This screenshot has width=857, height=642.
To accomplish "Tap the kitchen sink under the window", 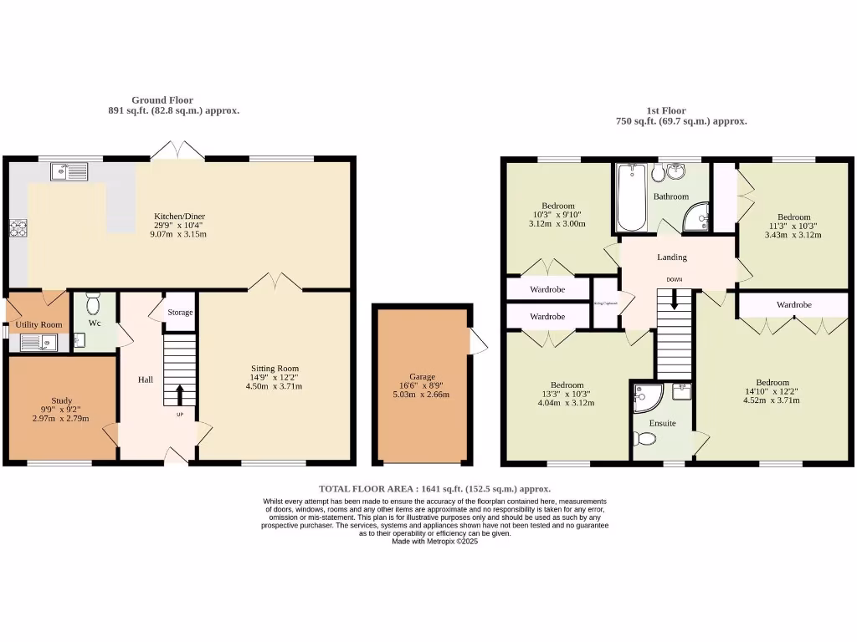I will (x=69, y=172).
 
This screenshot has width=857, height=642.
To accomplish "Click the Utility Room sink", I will (x=38, y=342).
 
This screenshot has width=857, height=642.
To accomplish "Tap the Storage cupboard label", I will (x=180, y=313).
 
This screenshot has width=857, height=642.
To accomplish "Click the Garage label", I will (x=423, y=377).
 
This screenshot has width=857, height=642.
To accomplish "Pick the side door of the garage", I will (x=478, y=341).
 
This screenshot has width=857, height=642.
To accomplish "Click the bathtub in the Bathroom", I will (x=629, y=198).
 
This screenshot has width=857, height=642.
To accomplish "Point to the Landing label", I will (x=671, y=257).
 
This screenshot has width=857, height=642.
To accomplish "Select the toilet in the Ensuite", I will (x=646, y=439).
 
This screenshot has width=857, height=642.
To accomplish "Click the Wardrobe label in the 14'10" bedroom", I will (x=793, y=305).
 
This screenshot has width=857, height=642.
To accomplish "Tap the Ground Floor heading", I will (x=162, y=100).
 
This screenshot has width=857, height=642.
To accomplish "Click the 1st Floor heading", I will (x=666, y=111).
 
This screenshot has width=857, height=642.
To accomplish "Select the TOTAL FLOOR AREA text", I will (x=434, y=488).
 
